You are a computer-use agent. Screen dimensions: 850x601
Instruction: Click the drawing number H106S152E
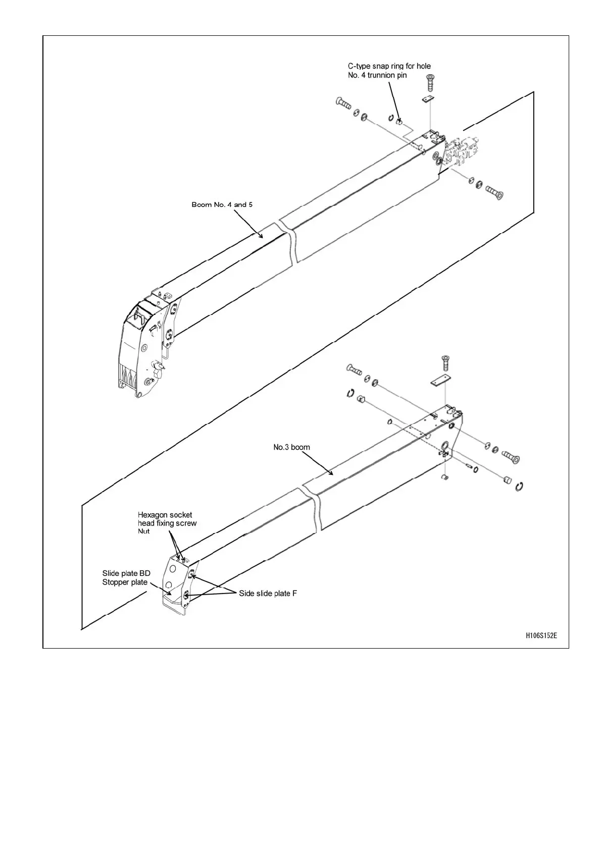(541, 635)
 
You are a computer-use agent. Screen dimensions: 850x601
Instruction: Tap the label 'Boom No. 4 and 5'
(222, 204)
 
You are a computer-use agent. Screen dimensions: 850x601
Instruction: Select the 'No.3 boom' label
(291, 447)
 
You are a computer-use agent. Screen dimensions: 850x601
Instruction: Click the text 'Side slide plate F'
(268, 594)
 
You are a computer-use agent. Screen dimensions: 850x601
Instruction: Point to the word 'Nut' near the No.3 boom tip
(143, 532)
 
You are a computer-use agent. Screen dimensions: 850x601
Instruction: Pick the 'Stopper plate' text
(125, 582)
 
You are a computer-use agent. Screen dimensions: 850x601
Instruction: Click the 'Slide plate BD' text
(126, 573)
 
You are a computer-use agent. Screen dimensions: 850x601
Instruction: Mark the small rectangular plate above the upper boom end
(428, 99)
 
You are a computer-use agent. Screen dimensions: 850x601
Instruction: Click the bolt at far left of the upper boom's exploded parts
(343, 104)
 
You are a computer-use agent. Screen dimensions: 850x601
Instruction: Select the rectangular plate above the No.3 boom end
(441, 381)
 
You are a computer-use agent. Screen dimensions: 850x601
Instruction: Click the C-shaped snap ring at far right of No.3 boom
(519, 486)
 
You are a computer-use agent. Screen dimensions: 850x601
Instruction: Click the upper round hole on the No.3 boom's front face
(173, 569)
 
